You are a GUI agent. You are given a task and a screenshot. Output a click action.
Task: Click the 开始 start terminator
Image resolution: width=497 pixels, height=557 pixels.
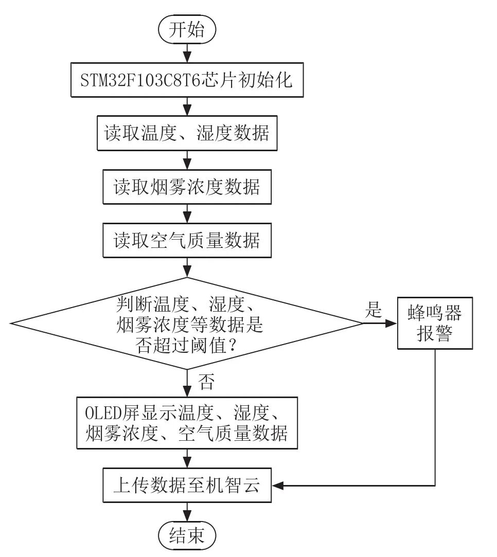(x=187, y=30)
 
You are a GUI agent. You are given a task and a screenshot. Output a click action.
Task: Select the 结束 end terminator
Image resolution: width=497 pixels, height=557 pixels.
(x=187, y=536)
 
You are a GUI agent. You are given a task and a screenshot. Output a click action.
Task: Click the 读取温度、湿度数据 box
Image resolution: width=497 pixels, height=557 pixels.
(x=187, y=133)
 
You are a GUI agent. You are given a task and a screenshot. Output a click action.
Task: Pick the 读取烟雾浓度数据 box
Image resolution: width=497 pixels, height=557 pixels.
(x=187, y=187)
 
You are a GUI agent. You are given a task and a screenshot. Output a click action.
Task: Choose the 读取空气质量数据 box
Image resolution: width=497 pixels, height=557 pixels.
(x=187, y=240)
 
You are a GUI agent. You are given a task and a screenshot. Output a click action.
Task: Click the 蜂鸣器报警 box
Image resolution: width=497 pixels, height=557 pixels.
(x=435, y=324)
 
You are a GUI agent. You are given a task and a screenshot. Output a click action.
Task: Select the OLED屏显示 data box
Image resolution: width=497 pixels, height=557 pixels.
(x=187, y=423)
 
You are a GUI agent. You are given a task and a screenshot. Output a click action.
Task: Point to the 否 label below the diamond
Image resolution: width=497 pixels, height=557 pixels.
(x=206, y=382)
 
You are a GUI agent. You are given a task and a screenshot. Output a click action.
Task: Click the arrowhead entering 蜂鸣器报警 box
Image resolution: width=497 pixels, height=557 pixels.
(x=393, y=324)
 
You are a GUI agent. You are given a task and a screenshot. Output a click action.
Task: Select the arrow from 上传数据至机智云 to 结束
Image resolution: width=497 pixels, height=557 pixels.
(x=187, y=512)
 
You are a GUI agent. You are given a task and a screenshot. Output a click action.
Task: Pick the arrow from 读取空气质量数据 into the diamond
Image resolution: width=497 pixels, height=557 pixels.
(x=187, y=267)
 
